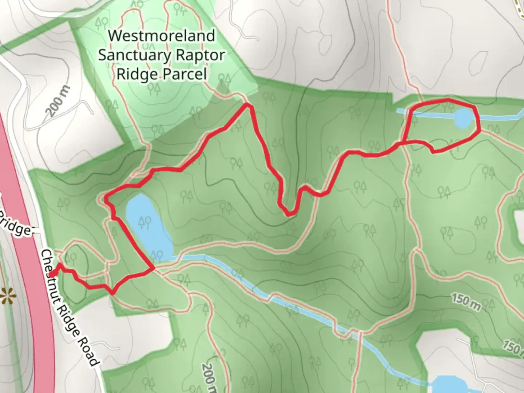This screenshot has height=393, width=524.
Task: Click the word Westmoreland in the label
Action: tap(162, 36)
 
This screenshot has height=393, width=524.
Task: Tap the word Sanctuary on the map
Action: tap(134, 55)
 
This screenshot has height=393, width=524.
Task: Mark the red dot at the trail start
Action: tap(52, 274)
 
